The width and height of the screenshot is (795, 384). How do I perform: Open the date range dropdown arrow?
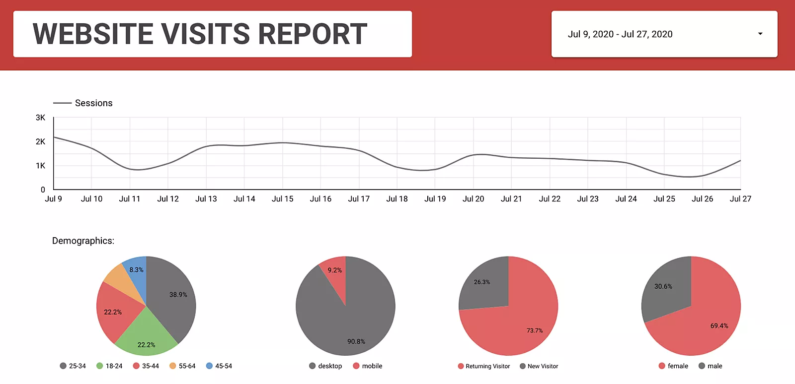click(x=760, y=34)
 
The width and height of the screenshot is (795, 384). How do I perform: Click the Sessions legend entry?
click(x=93, y=103)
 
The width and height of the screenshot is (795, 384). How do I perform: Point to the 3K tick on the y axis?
click(x=41, y=118)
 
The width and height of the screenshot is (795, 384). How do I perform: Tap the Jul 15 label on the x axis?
click(x=282, y=199)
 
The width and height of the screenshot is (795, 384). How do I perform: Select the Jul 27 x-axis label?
click(x=740, y=199)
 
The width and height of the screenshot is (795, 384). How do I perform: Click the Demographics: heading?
click(x=83, y=241)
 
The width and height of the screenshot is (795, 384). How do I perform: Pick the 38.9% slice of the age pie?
click(x=174, y=298)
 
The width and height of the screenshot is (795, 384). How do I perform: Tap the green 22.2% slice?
click(x=146, y=337)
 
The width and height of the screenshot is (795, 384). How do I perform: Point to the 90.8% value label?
click(x=356, y=341)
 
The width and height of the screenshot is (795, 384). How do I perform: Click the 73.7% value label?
click(x=535, y=330)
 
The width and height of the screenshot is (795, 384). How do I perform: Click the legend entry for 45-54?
click(x=219, y=366)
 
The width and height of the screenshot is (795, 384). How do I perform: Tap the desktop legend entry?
click(x=325, y=366)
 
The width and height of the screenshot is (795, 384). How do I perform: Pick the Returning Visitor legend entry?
click(x=484, y=366)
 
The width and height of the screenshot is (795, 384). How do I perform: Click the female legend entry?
click(x=673, y=366)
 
